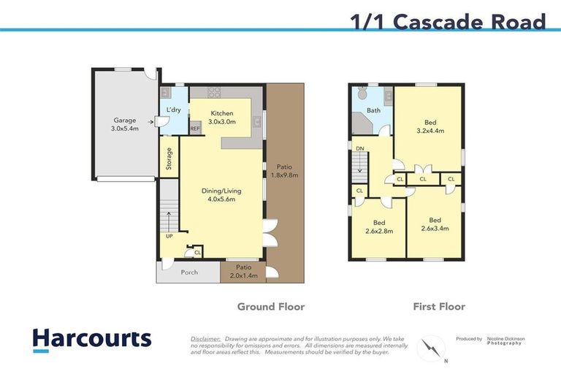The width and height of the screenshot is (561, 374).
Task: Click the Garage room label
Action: tap(125, 124)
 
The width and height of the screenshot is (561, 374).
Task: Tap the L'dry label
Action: tap(173, 110)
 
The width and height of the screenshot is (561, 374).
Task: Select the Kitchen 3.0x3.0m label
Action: tap(221, 118)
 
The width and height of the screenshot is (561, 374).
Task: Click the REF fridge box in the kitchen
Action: tap(195, 129)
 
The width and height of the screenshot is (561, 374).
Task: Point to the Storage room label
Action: tap(169, 159)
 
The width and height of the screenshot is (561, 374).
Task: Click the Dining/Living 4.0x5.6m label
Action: tap(221, 195)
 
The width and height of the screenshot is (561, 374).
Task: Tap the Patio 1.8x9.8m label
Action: tap(284, 170)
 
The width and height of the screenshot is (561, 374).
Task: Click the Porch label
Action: tap(188, 272)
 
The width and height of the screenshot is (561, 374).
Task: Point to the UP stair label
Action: tap(169, 237)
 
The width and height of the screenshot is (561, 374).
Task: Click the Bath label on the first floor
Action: tap(373, 111)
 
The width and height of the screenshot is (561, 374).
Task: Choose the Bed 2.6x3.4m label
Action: tap(434, 224)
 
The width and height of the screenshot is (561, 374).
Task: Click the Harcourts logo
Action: tap(91, 339)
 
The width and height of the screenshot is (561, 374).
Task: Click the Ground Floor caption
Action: tap(270, 307)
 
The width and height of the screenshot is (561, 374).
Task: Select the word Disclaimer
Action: tap(206, 339)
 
